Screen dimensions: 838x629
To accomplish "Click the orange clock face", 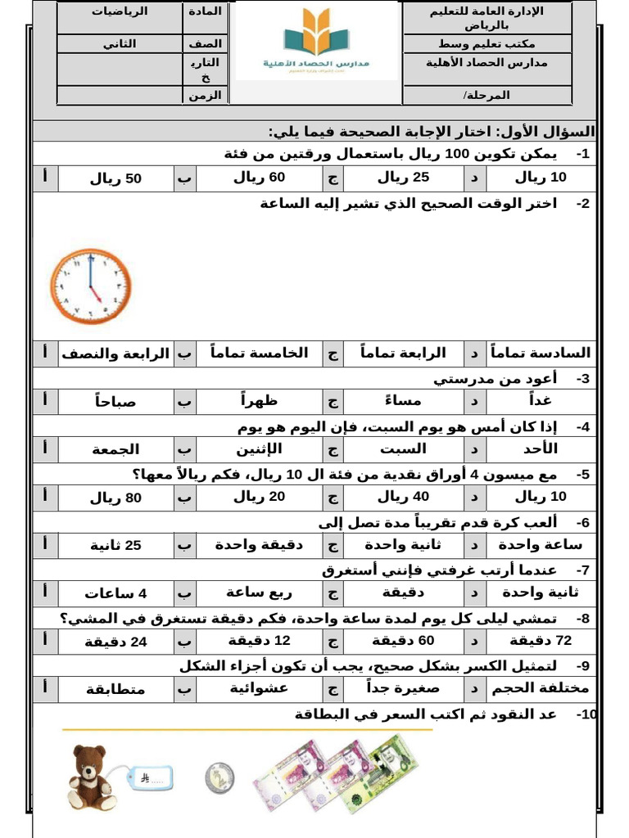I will tap(90, 287).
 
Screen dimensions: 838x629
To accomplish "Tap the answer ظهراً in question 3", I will tap(260, 401).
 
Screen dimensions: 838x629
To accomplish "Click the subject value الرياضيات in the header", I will tap(119, 12).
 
